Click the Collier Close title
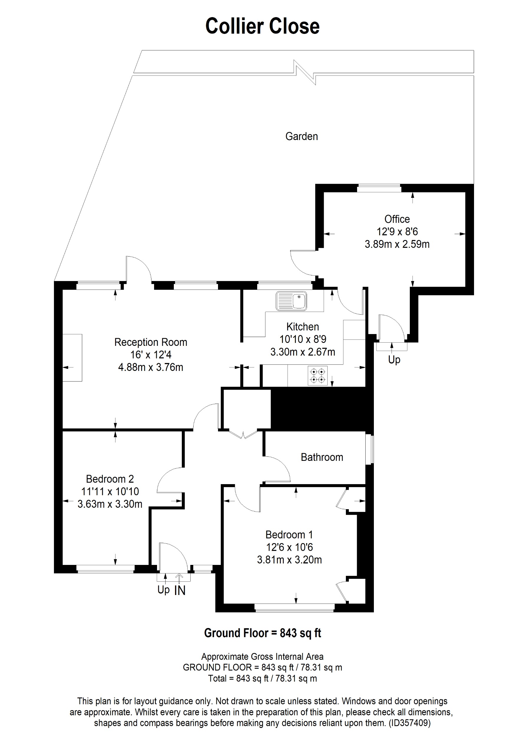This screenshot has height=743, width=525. pos(262,26)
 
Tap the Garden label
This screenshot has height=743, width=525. pos(301,136)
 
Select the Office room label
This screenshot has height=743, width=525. pos(397,219)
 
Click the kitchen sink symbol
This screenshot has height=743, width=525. pos(291,301)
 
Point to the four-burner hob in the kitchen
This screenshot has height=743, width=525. pos(318,376)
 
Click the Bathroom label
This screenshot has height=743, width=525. pos(322,457)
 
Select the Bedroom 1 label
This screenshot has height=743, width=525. pos(289,535)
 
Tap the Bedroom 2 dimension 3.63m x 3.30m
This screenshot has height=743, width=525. pos(110,504)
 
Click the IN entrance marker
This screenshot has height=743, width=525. pos(180,591)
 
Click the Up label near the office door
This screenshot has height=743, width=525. pos(394,359)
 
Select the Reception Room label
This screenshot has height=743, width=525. pos(151,342)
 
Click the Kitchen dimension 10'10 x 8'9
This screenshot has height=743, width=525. pos(303,339)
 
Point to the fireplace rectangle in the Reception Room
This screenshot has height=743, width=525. pos(72,358)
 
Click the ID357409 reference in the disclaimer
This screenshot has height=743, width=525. pos(410,723)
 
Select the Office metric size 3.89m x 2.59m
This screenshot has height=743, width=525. pos(397,244)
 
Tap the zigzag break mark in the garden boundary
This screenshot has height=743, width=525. pos(305,72)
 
